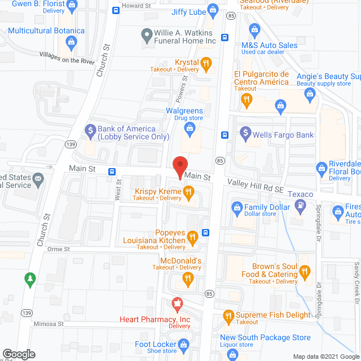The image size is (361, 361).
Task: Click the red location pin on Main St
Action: (x=179, y=166)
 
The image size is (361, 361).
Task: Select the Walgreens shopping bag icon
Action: (x=191, y=131)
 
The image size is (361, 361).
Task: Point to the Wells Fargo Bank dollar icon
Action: (x=245, y=134)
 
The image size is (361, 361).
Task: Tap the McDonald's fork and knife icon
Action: (x=187, y=278)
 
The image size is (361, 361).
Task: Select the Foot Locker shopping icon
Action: (x=183, y=344)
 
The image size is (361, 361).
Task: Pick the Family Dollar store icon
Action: (x=236, y=208)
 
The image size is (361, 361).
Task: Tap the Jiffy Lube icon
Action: (x=213, y=9)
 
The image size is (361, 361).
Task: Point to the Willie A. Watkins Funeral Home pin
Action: (x=147, y=34)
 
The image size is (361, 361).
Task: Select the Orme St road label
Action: (x=58, y=249)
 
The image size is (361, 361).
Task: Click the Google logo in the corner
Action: (x=17, y=354)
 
